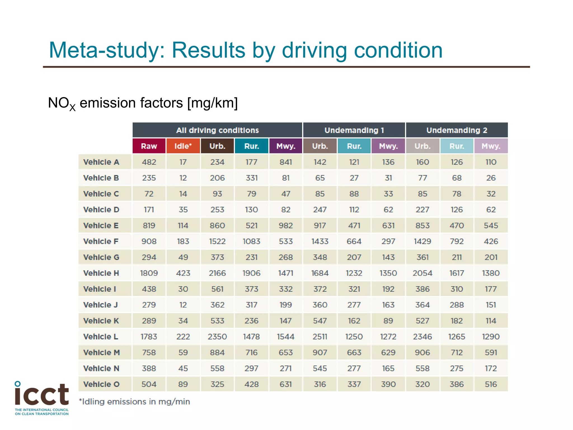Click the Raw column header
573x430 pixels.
149,146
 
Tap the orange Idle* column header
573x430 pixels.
183,146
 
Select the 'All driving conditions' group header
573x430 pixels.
217,130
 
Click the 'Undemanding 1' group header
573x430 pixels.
354,130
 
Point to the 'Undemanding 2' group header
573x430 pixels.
457,130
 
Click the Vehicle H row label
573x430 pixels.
101,273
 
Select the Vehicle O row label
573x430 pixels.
101,384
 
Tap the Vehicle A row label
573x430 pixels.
101,162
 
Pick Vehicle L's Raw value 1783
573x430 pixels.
149,336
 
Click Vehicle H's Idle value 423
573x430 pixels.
183,273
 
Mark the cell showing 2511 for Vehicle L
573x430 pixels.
320,336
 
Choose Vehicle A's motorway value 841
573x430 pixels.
286,162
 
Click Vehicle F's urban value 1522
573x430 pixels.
217,241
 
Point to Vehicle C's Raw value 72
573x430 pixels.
149,194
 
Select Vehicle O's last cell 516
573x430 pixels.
491,384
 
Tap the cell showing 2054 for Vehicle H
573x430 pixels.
422,273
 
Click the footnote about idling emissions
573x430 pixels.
135,401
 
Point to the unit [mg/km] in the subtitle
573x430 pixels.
212,103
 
